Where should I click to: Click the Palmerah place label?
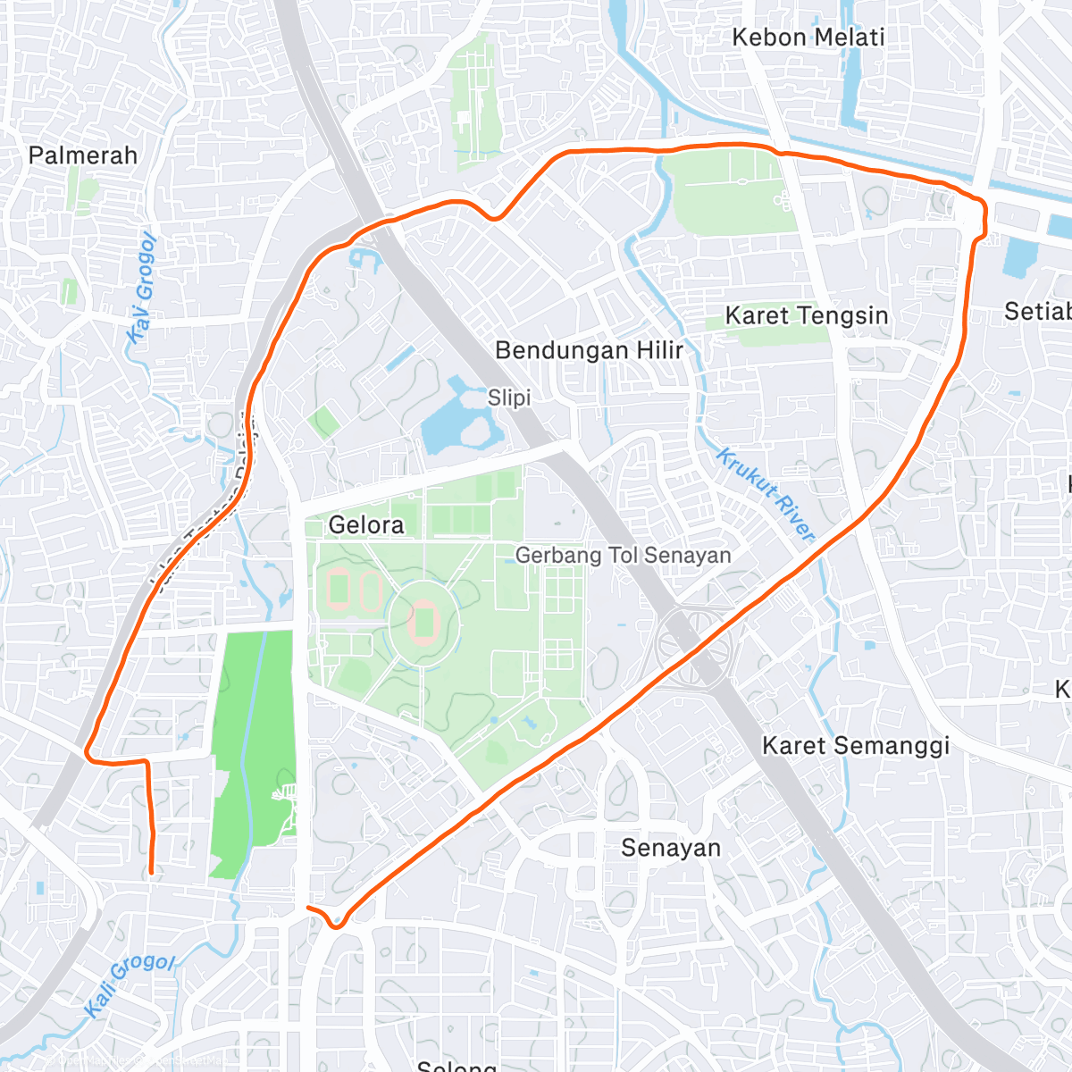[x=83, y=155]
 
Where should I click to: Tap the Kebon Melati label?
[x=808, y=38]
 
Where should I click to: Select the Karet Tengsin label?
[x=807, y=315]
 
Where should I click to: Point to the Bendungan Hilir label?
[x=589, y=350]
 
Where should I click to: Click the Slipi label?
[x=509, y=398]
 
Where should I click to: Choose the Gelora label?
[x=366, y=524]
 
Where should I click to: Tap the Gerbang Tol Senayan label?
[x=623, y=556]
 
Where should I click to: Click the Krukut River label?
[x=766, y=495]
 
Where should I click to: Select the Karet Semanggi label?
[x=855, y=745]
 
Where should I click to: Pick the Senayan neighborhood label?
[x=670, y=848]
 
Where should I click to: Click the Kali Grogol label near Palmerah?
[x=142, y=288]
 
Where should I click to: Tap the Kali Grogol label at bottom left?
[x=130, y=983]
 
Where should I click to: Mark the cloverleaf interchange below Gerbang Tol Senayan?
[x=689, y=640]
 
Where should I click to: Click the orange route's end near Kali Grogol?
[x=152, y=872]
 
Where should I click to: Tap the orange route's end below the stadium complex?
[x=307, y=908]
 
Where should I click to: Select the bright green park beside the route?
[x=254, y=750]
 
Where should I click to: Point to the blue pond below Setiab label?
[x=1019, y=255]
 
